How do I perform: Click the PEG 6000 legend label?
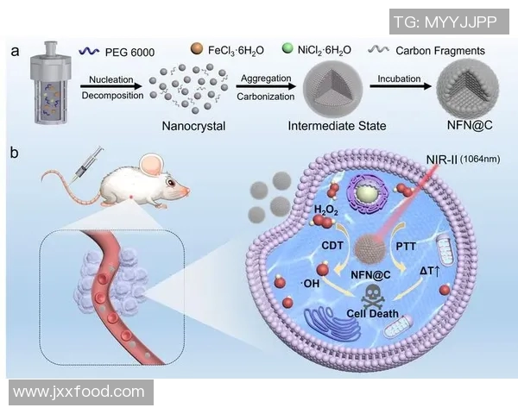[x=130, y=53]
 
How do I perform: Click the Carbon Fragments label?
[x=445, y=52]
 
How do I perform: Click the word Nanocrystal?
[x=193, y=127]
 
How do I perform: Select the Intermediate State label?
[x=336, y=127]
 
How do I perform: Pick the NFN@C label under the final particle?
[x=464, y=127]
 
